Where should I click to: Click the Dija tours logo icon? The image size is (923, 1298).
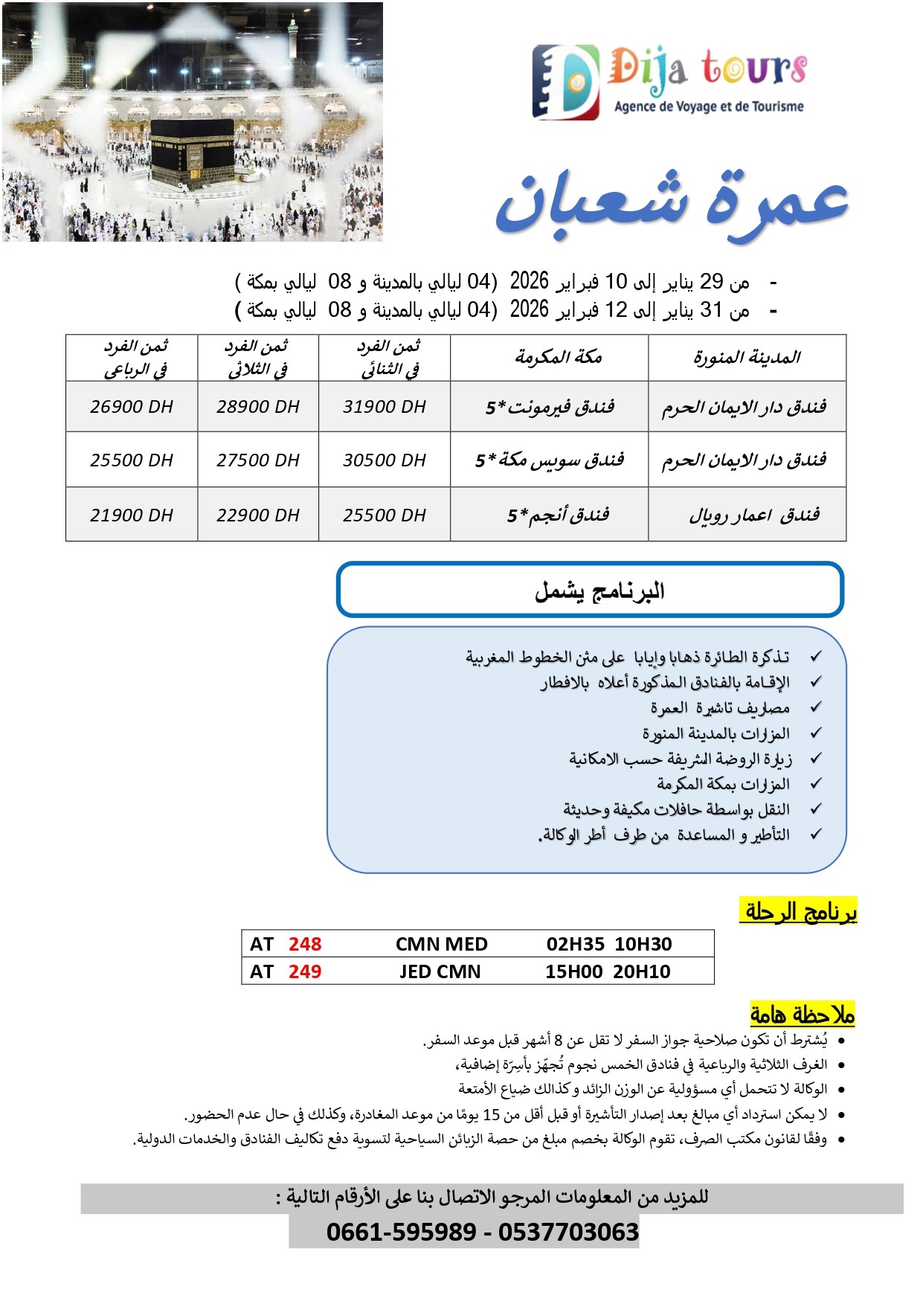click(x=565, y=82)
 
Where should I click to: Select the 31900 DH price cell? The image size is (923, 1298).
click(x=384, y=407)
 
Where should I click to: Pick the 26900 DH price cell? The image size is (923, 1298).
click(x=132, y=407)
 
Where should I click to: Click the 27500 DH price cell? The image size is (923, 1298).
click(x=258, y=460)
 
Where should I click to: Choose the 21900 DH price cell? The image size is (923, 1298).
click(x=132, y=515)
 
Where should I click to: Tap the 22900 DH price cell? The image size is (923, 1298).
click(x=258, y=515)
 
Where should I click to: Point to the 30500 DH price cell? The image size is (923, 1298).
click(x=384, y=460)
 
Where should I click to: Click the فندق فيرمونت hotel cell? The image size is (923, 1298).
click(x=550, y=407)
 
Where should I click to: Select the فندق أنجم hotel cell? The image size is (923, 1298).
click(x=558, y=515)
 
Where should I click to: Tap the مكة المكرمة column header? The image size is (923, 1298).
click(x=558, y=358)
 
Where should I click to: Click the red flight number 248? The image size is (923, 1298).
click(x=305, y=944)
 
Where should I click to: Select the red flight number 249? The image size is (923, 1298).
click(x=305, y=971)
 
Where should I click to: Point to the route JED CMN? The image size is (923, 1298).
click(x=440, y=971)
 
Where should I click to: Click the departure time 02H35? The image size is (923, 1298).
click(x=575, y=944)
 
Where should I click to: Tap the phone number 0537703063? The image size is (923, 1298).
click(x=568, y=1232)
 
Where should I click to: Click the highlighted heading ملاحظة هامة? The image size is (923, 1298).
click(x=802, y=1014)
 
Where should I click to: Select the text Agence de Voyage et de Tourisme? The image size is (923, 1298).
click(x=709, y=106)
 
